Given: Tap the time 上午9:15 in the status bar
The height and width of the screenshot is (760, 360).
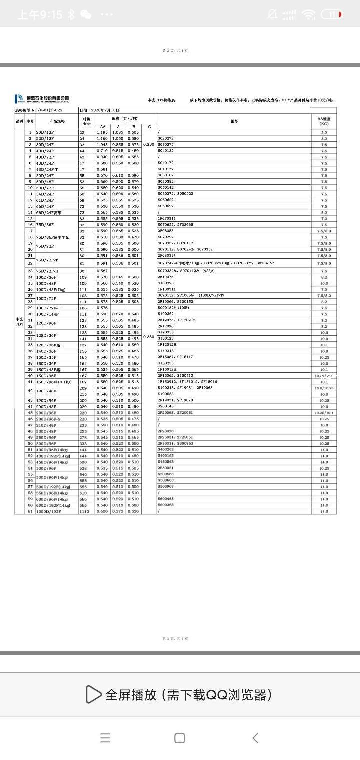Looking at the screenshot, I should pos(40,14).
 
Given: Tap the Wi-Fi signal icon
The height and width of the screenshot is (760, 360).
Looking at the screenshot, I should pos(308,14).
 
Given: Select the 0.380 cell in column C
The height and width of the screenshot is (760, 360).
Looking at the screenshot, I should pos(149,337).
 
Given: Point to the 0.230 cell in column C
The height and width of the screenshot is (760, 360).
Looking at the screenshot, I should pos(149,144).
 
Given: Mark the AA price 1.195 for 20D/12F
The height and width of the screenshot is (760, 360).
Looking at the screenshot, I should pos(103,132).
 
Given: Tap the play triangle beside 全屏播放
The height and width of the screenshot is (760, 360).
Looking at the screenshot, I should pos(93,694).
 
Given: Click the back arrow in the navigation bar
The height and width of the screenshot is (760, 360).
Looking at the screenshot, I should pos(255,738).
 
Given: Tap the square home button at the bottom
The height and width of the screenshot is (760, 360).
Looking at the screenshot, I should pos(180,738).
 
